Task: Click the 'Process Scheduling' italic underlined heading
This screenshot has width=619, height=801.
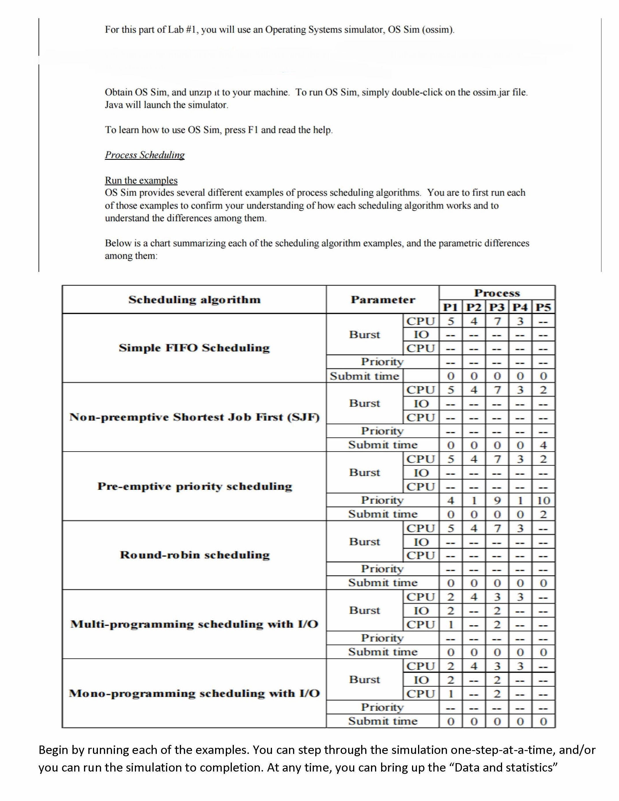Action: point(145,155)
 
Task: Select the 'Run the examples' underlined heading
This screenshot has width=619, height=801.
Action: point(141,180)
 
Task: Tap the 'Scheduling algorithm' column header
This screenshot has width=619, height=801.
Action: point(194,300)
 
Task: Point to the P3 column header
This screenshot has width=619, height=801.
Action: point(497,307)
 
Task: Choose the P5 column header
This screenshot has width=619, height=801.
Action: point(543,307)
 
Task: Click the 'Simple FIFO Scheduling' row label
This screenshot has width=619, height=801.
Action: point(194,348)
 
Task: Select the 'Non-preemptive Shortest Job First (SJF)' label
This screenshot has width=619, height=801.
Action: point(194,417)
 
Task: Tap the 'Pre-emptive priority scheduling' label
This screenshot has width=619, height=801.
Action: point(194,486)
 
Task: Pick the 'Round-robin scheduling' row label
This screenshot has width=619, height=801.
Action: point(194,555)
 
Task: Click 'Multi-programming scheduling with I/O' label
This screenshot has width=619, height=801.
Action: point(194,624)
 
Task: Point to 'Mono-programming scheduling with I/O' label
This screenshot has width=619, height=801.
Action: point(194,693)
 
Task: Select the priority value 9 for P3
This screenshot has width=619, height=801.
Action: point(497,500)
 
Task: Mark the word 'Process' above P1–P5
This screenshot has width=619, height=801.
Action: point(497,293)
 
